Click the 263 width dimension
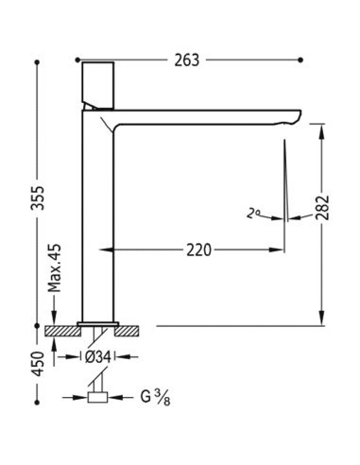187,60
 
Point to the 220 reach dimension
198,250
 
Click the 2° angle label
252,215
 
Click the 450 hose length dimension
37,365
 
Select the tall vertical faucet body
96,217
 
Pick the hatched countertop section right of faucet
130,331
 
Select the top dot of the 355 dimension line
37,60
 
